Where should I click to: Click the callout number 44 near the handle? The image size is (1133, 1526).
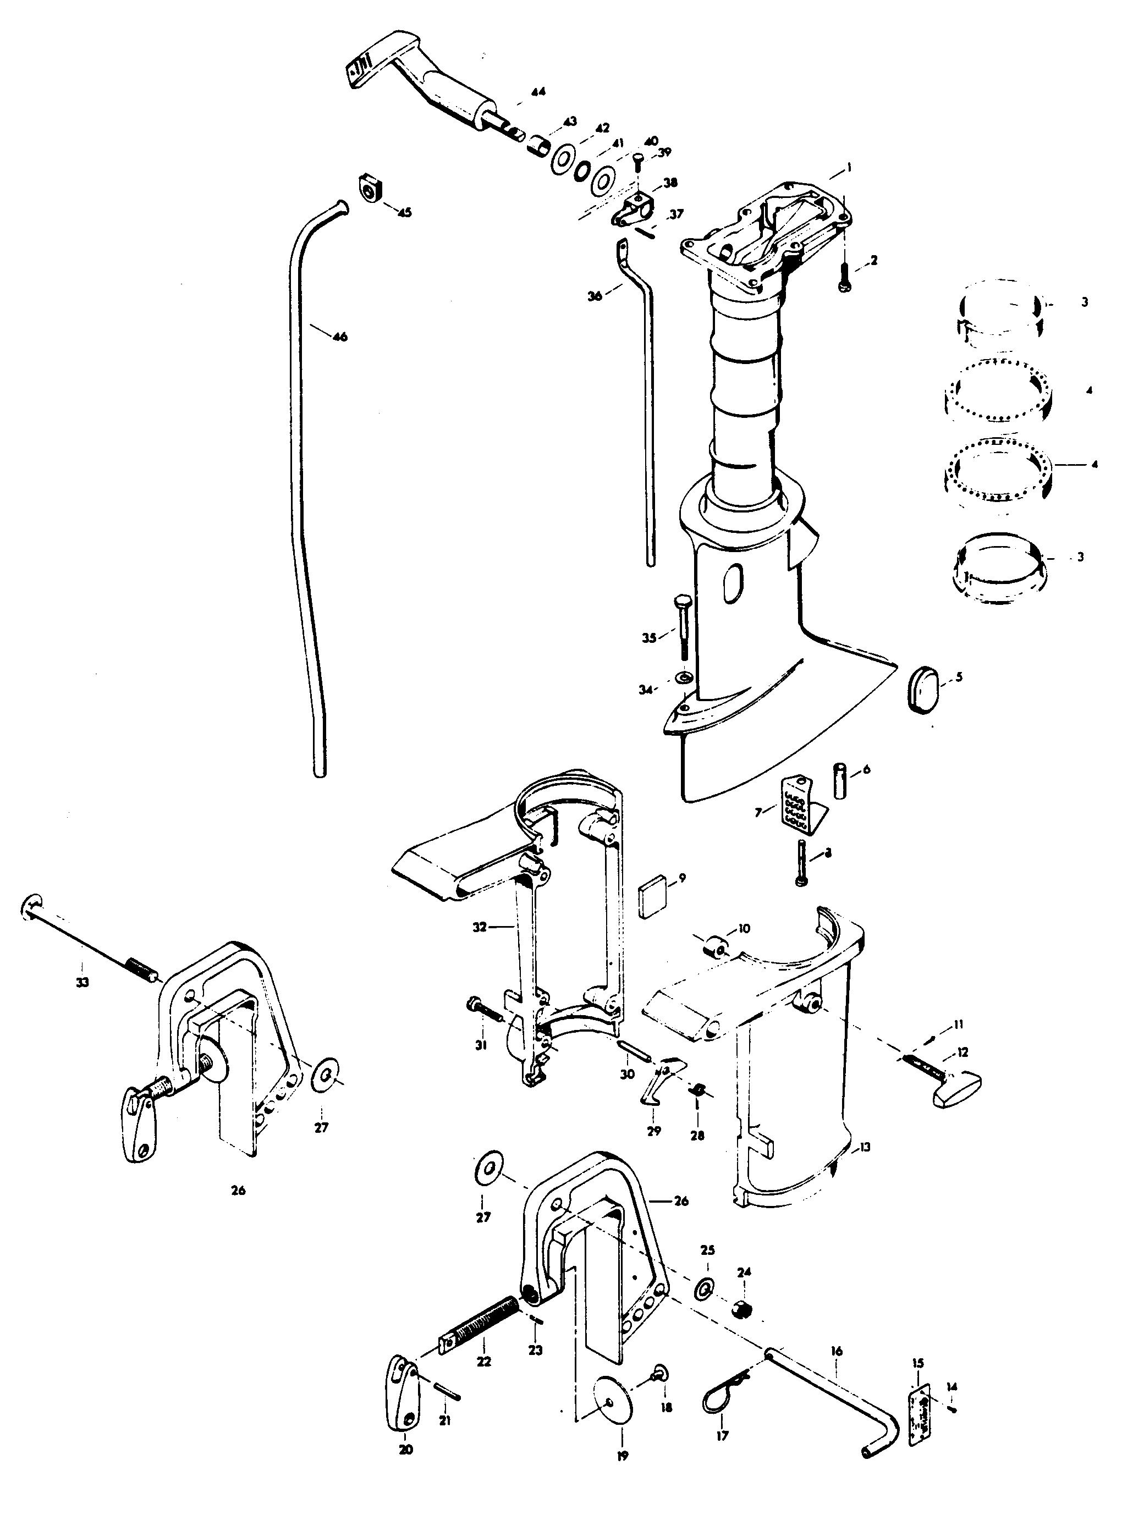click(x=539, y=91)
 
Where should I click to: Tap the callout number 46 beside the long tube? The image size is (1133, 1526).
click(x=339, y=337)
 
